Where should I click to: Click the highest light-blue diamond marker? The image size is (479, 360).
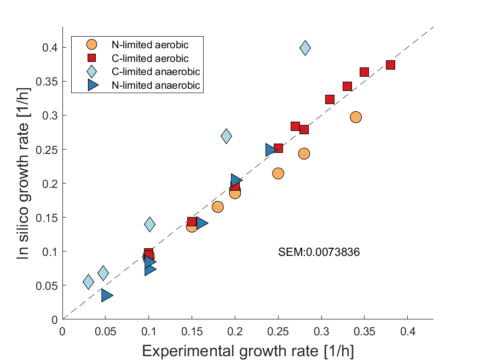[x=305, y=48]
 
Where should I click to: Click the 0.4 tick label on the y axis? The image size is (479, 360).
[x=51, y=48]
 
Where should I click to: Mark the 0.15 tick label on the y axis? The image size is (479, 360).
[x=48, y=218]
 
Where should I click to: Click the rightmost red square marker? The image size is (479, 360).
[x=390, y=65]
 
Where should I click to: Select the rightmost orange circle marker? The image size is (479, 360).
[x=356, y=117]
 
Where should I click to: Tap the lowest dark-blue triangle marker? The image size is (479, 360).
[x=107, y=295]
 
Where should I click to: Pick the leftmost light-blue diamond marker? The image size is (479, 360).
[x=88, y=282]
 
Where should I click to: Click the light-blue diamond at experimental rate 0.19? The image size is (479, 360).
[x=226, y=136]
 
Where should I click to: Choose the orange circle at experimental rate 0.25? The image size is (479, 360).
[x=278, y=173]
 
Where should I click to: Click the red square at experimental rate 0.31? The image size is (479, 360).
[x=330, y=99]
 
